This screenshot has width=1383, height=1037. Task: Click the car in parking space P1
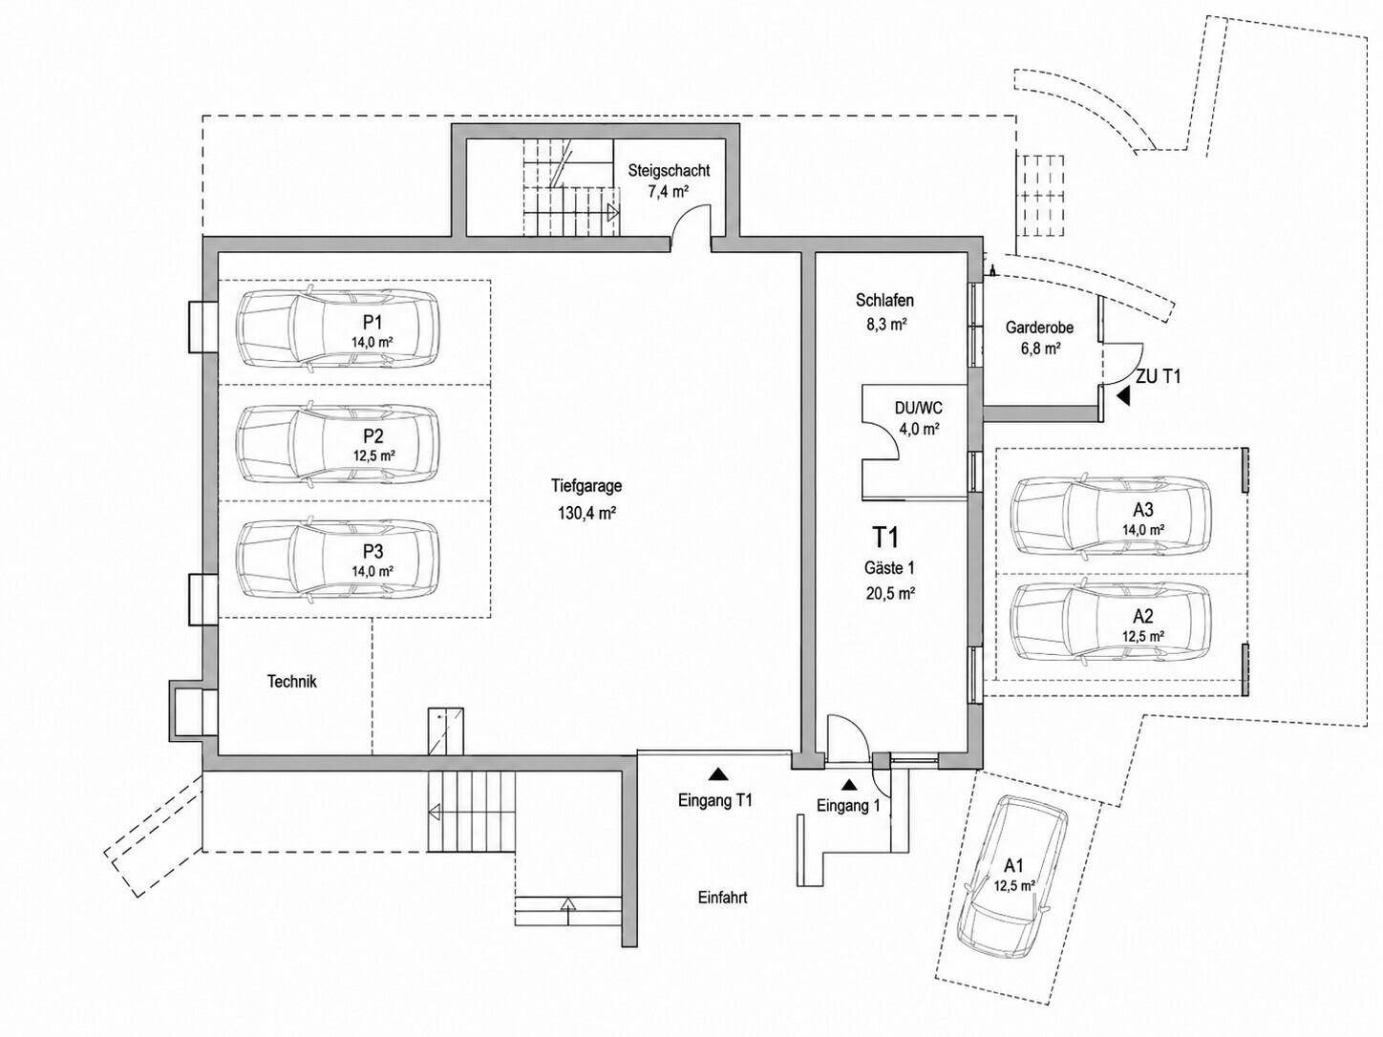click(338, 328)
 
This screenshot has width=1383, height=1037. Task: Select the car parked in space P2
click(338, 444)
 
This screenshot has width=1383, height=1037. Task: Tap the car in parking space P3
click(338, 560)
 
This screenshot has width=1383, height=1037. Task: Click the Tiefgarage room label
click(586, 486)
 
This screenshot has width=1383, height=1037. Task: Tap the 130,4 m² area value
click(586, 513)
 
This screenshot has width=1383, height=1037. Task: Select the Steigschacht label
click(669, 171)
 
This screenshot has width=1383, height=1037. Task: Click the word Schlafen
click(884, 300)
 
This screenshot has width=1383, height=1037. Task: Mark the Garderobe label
click(1039, 328)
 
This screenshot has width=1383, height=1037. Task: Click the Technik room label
click(291, 681)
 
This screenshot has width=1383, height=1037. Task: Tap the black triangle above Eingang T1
click(716, 773)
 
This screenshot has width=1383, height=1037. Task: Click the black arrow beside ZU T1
click(1122, 396)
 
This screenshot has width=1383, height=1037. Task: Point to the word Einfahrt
click(723, 898)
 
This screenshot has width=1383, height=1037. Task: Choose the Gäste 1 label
click(889, 567)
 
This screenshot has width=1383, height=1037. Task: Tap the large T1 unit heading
click(885, 537)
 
